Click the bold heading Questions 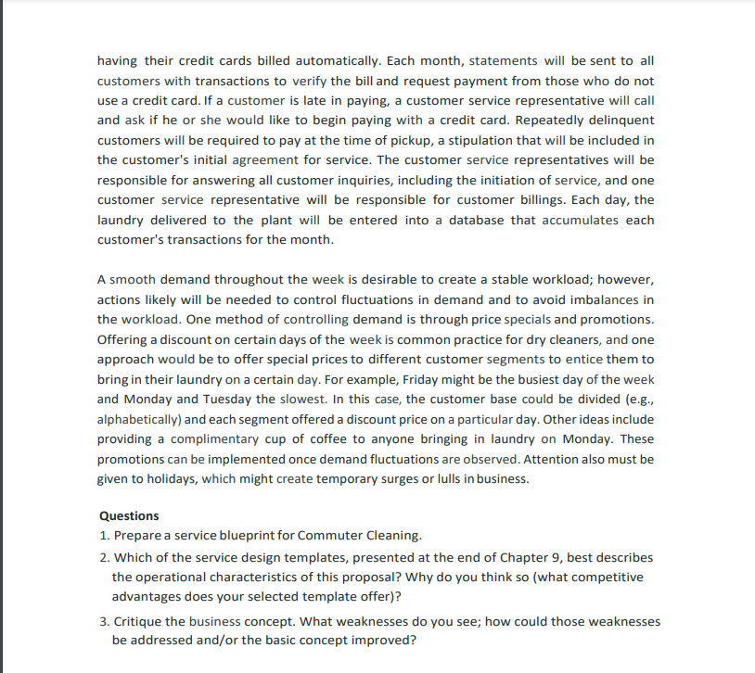[128, 516]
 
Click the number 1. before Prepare [104, 536]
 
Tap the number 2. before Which [104, 558]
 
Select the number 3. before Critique [104, 621]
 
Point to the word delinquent [621, 121]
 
